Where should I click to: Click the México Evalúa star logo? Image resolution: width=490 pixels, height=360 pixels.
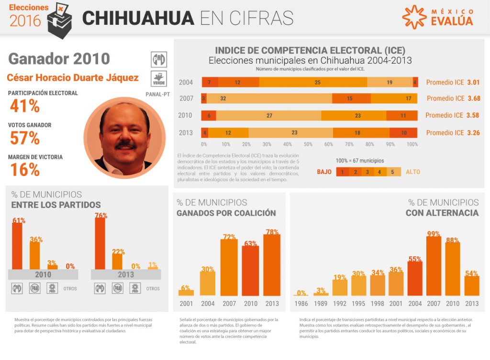(414, 17)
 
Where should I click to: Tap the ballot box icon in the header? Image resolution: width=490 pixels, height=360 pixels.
(60, 18)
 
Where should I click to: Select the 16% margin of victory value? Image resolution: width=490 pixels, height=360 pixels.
(24, 169)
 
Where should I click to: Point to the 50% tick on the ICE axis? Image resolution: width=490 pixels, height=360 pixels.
(308, 144)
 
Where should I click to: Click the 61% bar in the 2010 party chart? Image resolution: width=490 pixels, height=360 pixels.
(17, 246)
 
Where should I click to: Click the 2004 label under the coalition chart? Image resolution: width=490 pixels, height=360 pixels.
(207, 304)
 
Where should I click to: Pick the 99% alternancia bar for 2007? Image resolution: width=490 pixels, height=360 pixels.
(434, 265)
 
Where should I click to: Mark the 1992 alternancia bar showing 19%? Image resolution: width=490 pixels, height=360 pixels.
(340, 287)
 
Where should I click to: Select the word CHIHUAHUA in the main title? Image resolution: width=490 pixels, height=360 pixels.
(138, 18)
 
